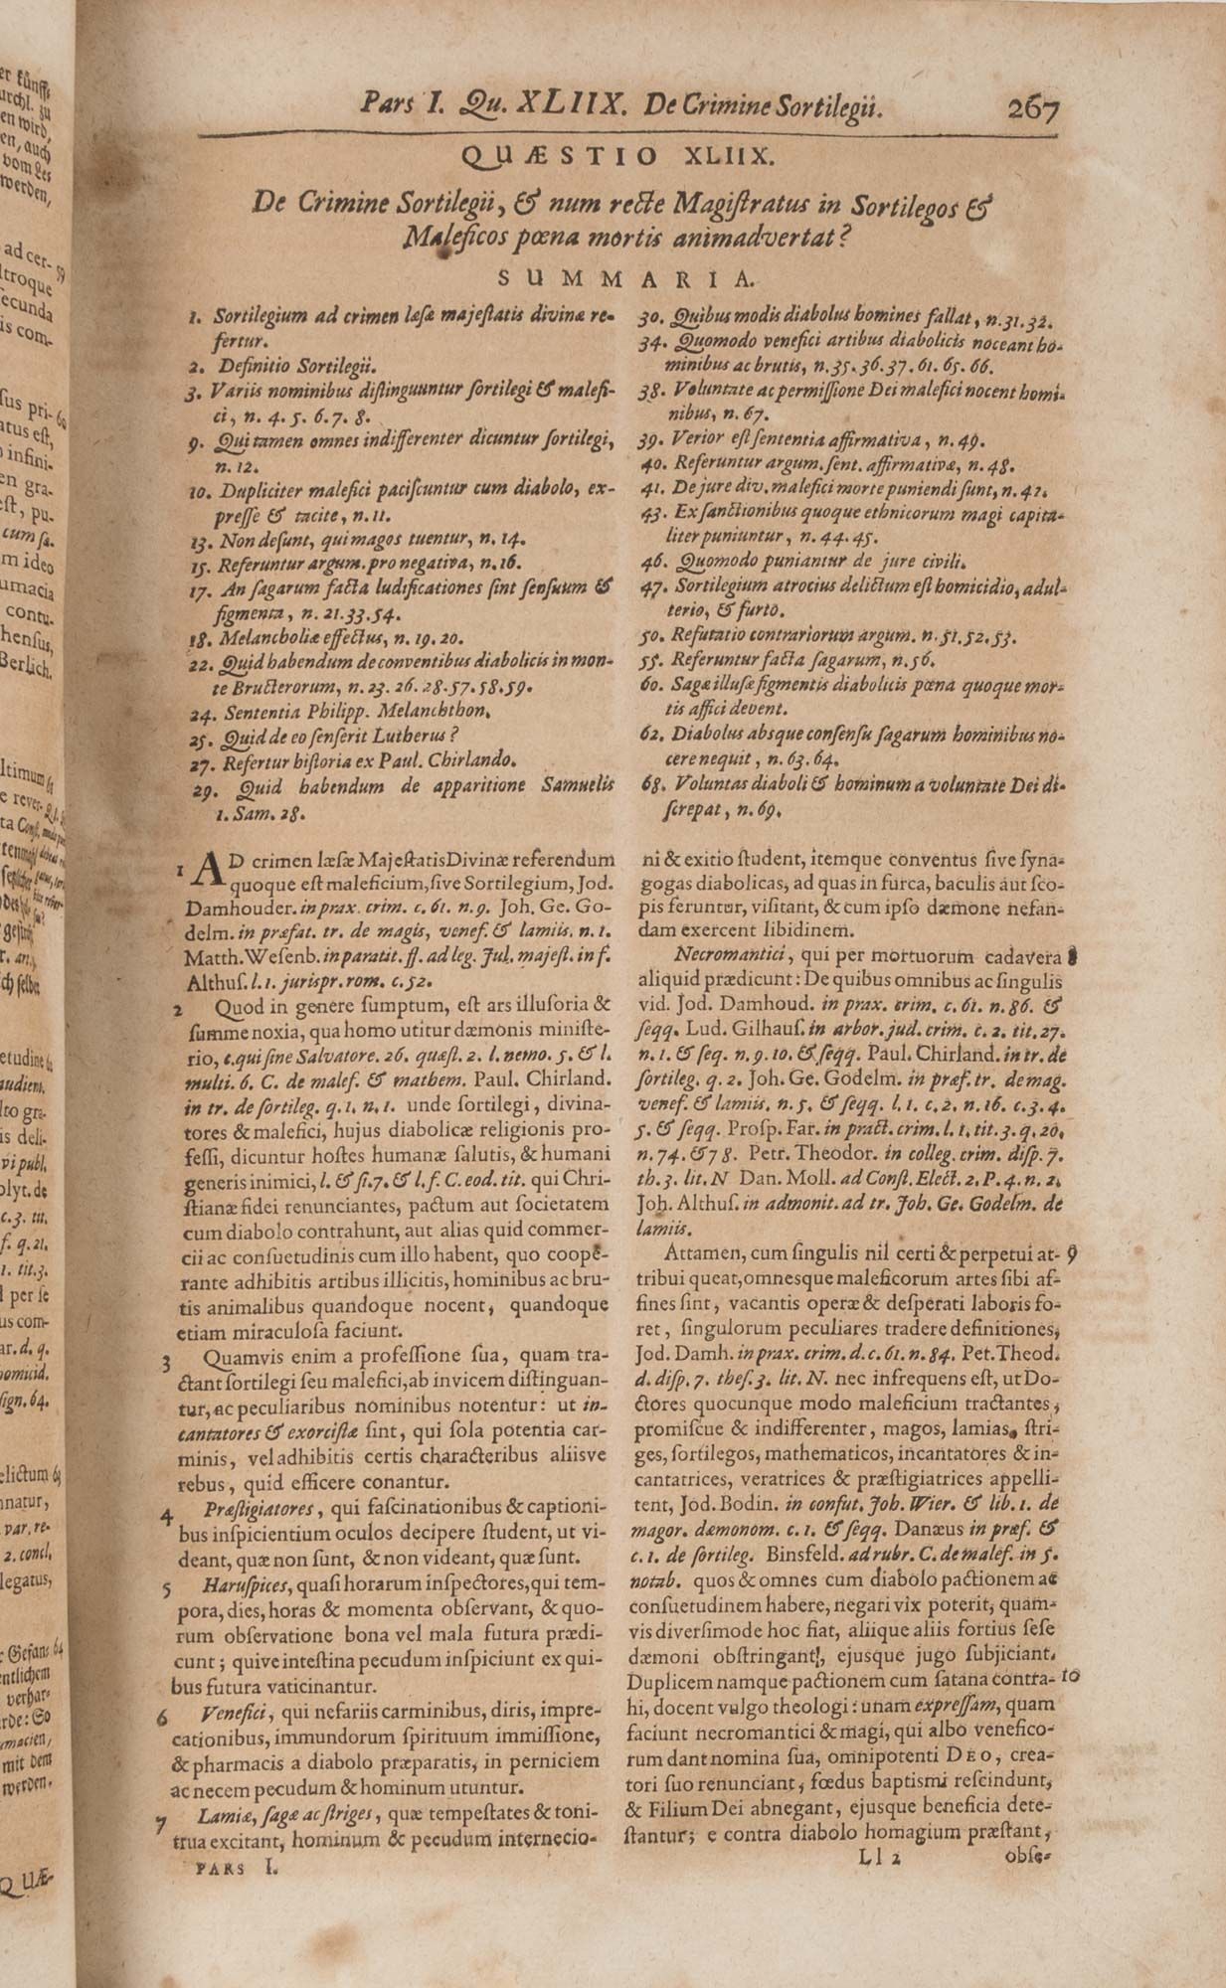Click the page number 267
[1033, 106]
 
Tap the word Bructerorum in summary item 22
[282, 687]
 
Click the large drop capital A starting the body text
[209, 869]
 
